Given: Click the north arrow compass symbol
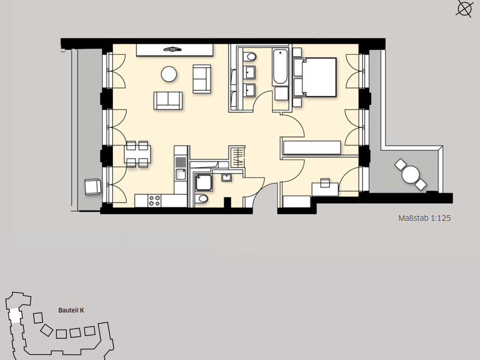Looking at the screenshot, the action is [464, 8].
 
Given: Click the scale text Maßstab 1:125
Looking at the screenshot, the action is [424, 218].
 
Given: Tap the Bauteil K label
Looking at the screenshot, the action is [71, 310].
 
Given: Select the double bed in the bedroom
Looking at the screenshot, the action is [315, 77].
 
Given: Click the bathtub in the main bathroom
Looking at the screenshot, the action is [280, 67].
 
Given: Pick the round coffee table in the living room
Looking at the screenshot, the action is [169, 74].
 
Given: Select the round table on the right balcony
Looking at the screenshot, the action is [410, 174].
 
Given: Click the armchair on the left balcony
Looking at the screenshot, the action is [93, 187].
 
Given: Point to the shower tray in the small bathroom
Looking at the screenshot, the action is [204, 183].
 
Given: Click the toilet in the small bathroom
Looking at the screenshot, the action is [202, 199].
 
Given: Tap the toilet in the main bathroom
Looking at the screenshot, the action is [251, 57].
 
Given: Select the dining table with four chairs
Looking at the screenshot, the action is [137, 154].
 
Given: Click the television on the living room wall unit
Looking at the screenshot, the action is [173, 49].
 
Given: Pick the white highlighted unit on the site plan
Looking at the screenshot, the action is [14, 316].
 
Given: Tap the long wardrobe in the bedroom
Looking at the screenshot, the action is [312, 148].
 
